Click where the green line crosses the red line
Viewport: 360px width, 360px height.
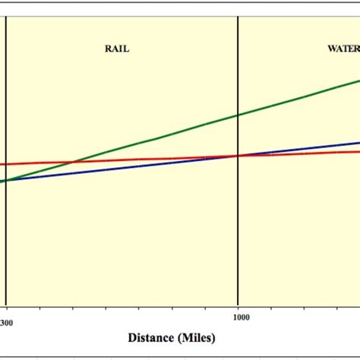click(72, 162)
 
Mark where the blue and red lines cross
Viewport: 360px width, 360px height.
click(238, 156)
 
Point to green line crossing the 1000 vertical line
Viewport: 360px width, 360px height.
click(238, 115)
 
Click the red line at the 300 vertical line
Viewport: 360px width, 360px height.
click(6, 163)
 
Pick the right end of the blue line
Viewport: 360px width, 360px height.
click(358, 143)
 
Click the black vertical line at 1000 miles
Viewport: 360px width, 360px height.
click(238, 228)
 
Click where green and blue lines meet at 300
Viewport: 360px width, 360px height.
click(6, 181)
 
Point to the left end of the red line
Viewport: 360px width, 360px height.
click(2, 164)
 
